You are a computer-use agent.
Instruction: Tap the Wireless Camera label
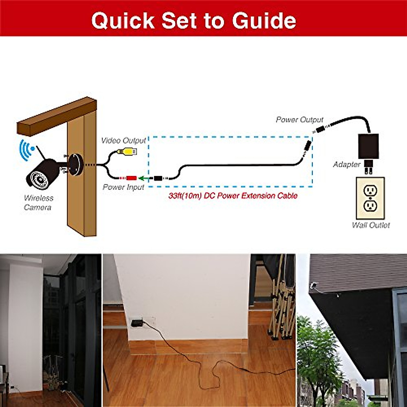(38, 202)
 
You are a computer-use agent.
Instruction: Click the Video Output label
(123, 140)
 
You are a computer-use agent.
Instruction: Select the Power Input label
(123, 187)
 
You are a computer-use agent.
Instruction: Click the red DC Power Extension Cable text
(233, 196)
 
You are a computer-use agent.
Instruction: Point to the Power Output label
(299, 120)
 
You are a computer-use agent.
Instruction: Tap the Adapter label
(346, 164)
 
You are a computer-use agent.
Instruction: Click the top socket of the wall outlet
(370, 190)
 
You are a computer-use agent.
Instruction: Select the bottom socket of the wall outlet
(370, 206)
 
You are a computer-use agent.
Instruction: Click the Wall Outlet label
(371, 225)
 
